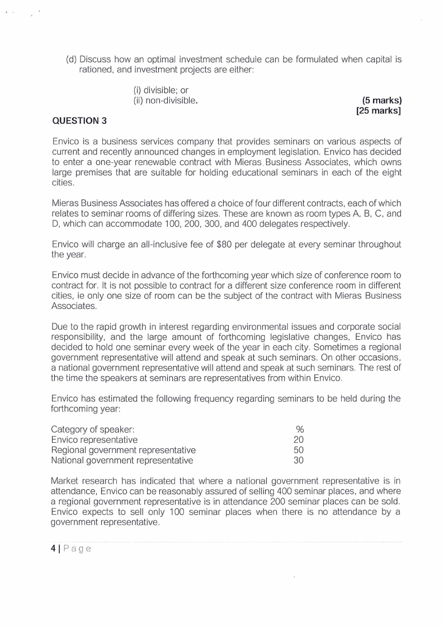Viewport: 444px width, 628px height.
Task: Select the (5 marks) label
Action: (382, 101)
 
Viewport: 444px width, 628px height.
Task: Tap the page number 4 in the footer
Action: (53, 549)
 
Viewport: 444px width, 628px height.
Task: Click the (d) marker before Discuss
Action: (72, 59)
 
